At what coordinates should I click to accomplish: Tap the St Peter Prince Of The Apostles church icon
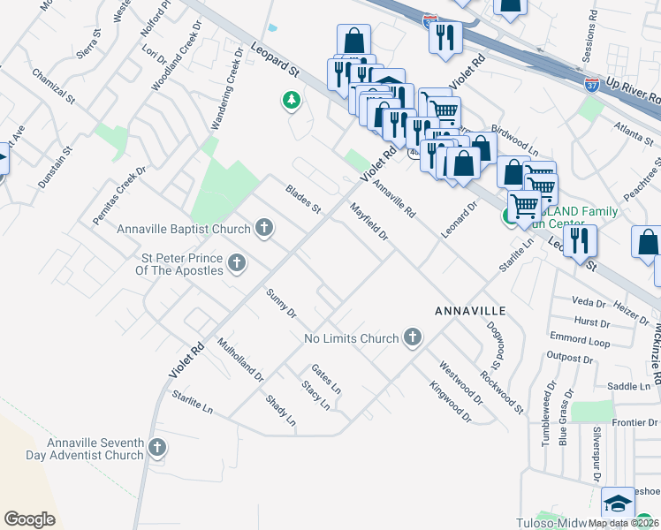(x=236, y=262)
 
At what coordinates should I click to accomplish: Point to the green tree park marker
(x=291, y=102)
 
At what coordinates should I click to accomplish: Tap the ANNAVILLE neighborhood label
(x=469, y=312)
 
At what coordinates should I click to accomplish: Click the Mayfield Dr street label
(x=369, y=223)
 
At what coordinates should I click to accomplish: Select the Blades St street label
(x=303, y=200)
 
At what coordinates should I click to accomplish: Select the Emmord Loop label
(x=580, y=340)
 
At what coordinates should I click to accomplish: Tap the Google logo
(x=29, y=519)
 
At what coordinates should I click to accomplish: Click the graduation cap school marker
(x=618, y=503)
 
